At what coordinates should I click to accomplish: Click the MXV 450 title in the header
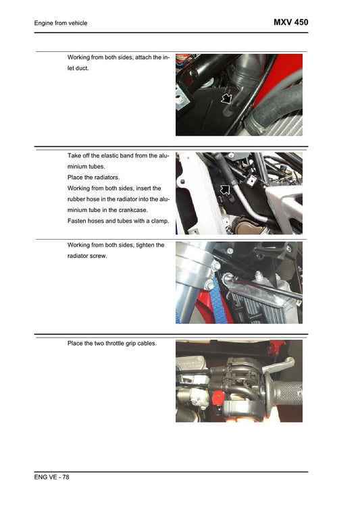(x=290, y=22)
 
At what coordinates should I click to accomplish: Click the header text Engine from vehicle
(x=61, y=24)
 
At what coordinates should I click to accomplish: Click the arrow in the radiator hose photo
(x=225, y=190)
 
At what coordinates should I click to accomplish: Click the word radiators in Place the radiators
(x=105, y=177)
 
